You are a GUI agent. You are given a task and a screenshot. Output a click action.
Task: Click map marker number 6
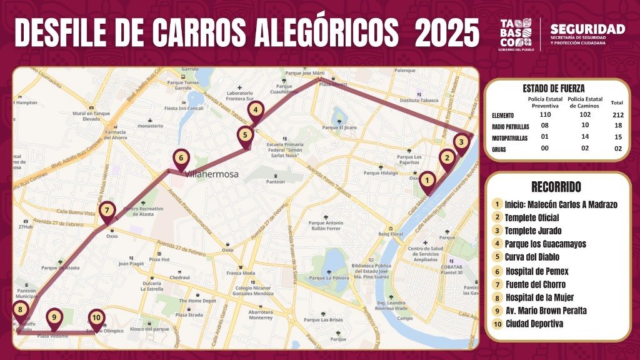180,158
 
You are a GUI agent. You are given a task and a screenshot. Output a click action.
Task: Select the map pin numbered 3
461,142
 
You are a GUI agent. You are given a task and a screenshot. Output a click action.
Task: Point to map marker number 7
107,211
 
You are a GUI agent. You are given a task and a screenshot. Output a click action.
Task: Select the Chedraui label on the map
180,277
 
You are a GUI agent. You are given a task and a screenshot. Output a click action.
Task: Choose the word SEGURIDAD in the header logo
587,29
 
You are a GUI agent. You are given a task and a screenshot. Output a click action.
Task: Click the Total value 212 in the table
617,115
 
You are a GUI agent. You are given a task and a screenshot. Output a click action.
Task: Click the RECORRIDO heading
556,187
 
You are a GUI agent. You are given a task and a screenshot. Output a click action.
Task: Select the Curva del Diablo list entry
531,257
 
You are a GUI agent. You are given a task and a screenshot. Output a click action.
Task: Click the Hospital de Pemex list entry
535,271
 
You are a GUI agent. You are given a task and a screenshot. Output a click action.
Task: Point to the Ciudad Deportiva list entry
534,324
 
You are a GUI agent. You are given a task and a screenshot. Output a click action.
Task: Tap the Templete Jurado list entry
532,230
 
